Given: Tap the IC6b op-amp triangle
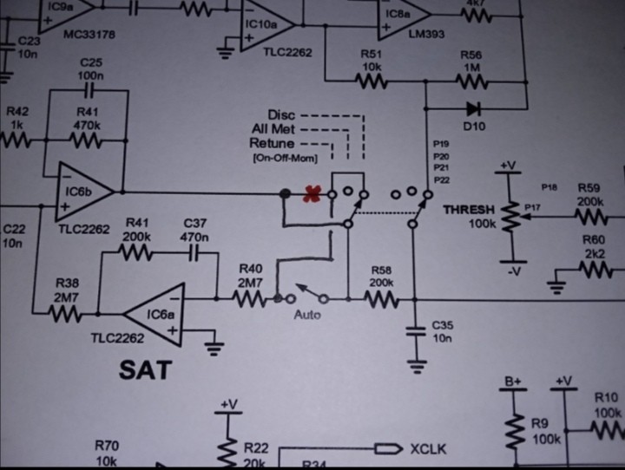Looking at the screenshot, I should (x=83, y=192).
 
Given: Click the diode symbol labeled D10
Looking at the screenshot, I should (x=473, y=109).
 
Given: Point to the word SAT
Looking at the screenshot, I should (x=145, y=370).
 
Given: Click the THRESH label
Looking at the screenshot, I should (x=468, y=210).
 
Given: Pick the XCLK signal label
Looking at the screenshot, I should (x=427, y=449).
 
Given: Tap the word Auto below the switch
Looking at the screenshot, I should (x=307, y=314).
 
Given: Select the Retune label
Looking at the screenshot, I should (x=272, y=143).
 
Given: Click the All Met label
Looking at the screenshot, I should (x=273, y=129).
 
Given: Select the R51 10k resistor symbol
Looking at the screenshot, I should (x=371, y=82).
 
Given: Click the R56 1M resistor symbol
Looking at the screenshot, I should (x=471, y=82).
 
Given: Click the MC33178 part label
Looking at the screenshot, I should (x=90, y=35).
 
